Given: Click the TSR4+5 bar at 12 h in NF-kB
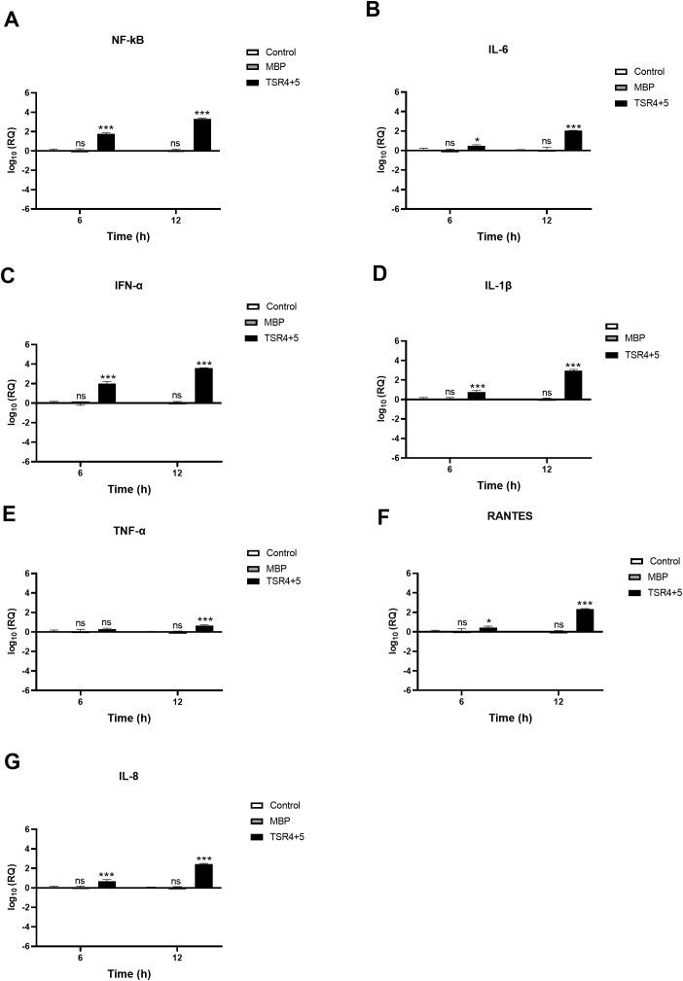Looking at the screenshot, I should [202, 134].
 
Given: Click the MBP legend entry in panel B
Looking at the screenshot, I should [646, 88].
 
